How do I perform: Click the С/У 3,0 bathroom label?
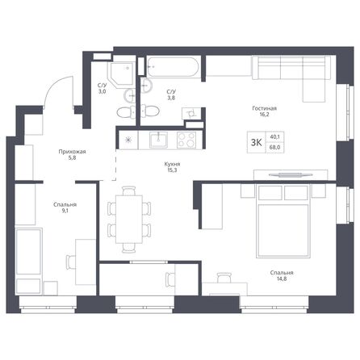(103, 90)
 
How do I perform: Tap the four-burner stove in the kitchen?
(186, 139)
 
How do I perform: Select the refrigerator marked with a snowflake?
(128, 140)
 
